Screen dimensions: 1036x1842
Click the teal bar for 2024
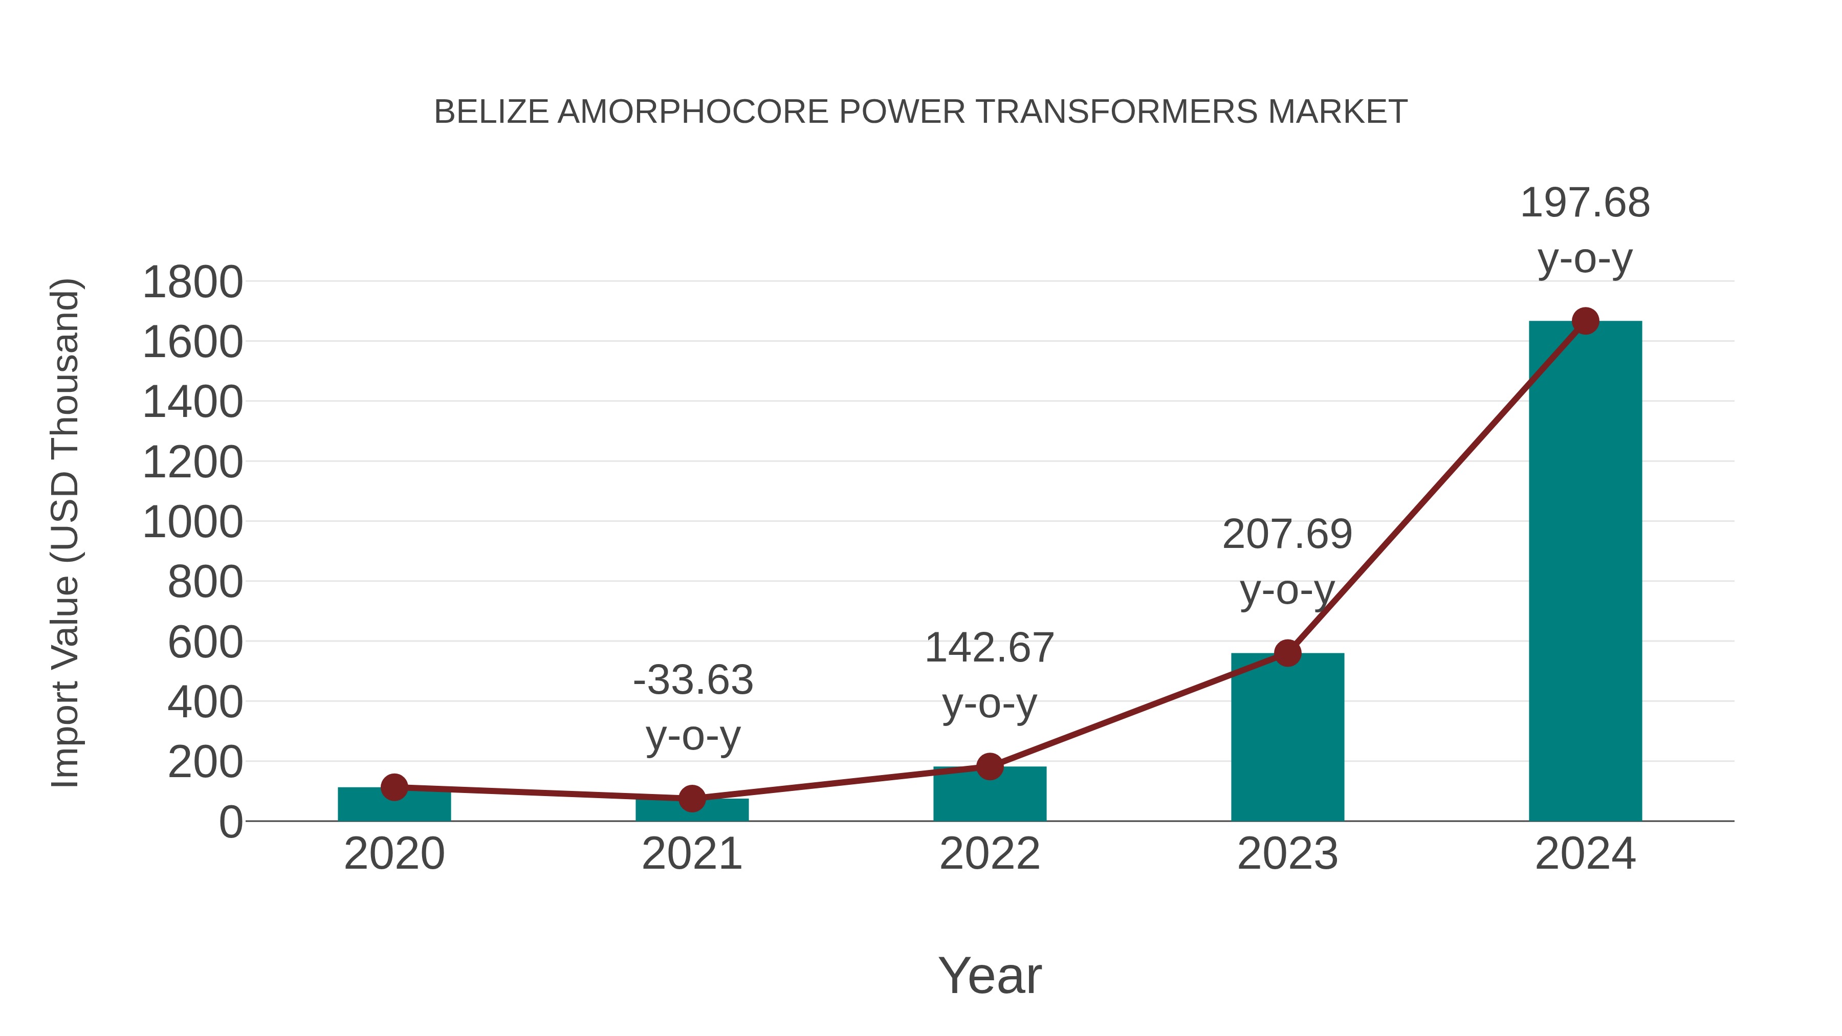[1585, 572]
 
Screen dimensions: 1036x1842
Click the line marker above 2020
[394, 787]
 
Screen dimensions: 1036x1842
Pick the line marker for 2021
[691, 798]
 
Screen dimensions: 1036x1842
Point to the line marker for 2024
[1585, 321]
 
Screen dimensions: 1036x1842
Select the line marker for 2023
[1287, 653]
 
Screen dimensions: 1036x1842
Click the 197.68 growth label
[1585, 203]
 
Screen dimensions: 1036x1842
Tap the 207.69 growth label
[1287, 535]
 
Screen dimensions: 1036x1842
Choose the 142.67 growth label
[990, 649]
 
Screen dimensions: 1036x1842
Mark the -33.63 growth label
[693, 680]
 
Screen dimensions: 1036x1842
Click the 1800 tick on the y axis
[192, 282]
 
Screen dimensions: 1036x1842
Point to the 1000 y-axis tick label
[192, 523]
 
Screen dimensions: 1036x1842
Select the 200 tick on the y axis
[205, 763]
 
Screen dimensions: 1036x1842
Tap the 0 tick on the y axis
[230, 822]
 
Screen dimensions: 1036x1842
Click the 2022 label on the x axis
[990, 854]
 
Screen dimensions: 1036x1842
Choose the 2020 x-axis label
[394, 854]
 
